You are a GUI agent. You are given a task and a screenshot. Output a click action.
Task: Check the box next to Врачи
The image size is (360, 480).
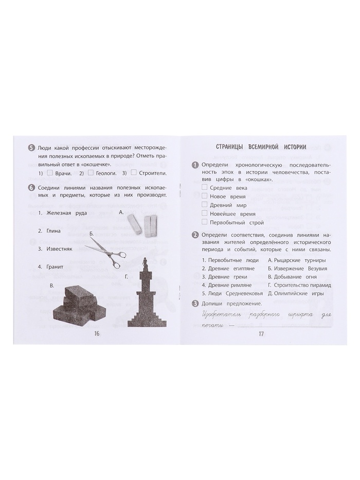pos(50,173)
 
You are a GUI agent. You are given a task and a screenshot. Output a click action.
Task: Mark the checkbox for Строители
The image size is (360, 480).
pos(134,173)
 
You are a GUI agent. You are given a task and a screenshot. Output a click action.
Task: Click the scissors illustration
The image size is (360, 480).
pos(105,253)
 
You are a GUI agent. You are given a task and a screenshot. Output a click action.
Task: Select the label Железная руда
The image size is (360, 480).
pos(66,213)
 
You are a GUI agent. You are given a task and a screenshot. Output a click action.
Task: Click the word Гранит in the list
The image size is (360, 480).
pos(55,266)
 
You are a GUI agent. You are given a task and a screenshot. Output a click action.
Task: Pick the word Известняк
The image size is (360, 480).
pos(59,248)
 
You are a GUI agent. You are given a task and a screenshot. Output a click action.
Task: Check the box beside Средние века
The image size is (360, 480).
pos(205,187)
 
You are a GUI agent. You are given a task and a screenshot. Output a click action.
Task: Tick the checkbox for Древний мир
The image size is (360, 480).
pos(205,204)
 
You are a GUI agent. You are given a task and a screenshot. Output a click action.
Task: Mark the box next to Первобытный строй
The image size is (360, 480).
pos(205,222)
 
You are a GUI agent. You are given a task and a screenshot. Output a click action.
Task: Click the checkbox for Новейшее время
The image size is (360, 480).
pos(205,214)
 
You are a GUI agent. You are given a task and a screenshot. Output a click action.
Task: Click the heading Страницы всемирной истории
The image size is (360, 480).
pos(261,147)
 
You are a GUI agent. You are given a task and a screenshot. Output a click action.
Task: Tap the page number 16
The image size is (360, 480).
pos(97,334)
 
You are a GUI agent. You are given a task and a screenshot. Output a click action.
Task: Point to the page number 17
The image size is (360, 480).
pos(261,334)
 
